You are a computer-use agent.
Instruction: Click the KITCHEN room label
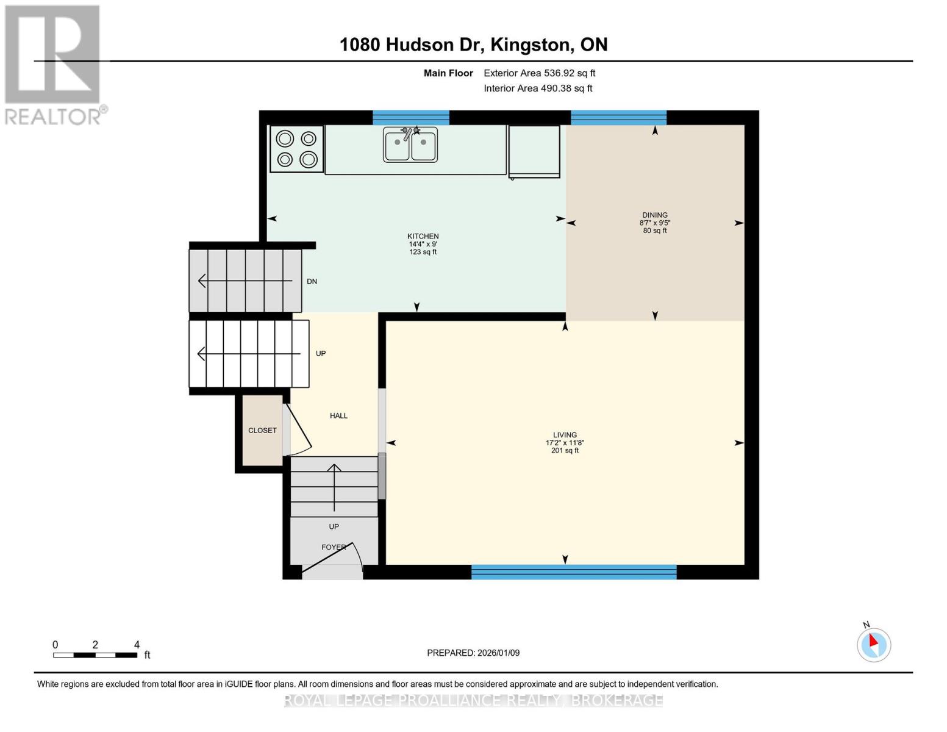coord(423,237)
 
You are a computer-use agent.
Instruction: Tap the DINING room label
coord(654,215)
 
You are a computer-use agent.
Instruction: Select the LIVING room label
coord(565,436)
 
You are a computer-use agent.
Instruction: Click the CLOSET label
coord(262,431)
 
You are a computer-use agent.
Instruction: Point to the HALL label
coord(338,416)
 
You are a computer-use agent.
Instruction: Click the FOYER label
coord(333,547)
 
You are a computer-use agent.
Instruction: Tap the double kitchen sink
coord(410,145)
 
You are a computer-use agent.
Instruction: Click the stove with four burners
coord(296,149)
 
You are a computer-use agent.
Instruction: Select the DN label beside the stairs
coord(312,282)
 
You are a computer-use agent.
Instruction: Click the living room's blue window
coord(573,572)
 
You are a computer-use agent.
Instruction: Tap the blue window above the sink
coord(410,118)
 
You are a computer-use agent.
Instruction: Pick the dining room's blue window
coord(618,118)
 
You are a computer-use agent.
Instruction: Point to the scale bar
coord(95,655)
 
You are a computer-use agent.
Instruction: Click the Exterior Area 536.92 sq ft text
coord(539,73)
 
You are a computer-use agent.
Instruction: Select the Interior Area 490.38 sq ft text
coord(538,88)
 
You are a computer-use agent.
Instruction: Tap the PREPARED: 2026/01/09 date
coord(473,653)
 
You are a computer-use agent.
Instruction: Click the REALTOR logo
coord(54,64)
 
